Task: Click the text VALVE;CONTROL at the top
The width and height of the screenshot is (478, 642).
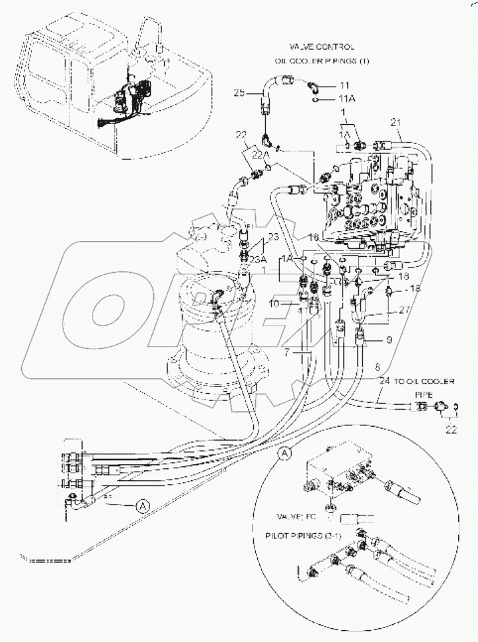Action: tap(322, 47)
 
